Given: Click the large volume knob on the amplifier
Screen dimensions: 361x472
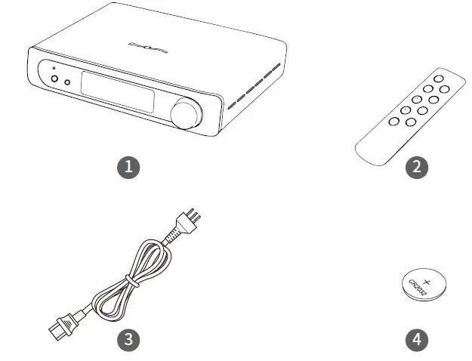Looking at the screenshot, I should pyautogui.click(x=185, y=116).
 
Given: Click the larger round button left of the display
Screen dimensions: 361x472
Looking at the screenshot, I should pyautogui.click(x=54, y=79).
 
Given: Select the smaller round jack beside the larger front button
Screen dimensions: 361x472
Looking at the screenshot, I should pyautogui.click(x=67, y=82).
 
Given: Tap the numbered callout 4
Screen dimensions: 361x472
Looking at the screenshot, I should pyautogui.click(x=416, y=339).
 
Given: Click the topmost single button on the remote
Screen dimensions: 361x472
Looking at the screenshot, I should pyautogui.click(x=439, y=79).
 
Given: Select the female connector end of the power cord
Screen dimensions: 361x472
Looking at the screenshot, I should pyautogui.click(x=59, y=327).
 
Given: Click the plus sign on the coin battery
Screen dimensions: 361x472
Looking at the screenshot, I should pyautogui.click(x=427, y=280).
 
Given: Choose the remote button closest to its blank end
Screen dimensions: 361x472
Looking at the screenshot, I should pyautogui.click(x=393, y=121).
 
